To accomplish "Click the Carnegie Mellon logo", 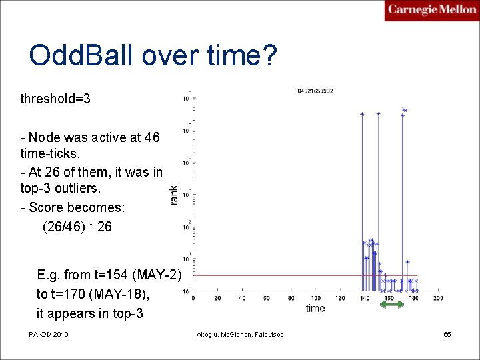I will pyautogui.click(x=431, y=11).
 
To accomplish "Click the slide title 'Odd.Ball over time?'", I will pyautogui.click(x=153, y=55).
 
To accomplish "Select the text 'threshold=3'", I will pyautogui.click(x=55, y=99).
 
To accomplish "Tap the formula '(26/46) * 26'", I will pyautogui.click(x=77, y=227).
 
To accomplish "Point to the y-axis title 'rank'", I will pyautogui.click(x=174, y=195).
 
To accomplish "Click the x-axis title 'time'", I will pyautogui.click(x=315, y=308).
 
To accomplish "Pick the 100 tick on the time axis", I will pyautogui.click(x=315, y=298).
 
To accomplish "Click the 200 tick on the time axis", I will pyautogui.click(x=438, y=298).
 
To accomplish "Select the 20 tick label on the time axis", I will pyautogui.click(x=217, y=298).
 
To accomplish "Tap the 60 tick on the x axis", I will pyautogui.click(x=267, y=298).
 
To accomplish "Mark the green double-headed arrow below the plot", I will pyautogui.click(x=392, y=305).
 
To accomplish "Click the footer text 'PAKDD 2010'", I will pyautogui.click(x=49, y=333).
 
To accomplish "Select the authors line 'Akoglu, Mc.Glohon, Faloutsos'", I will pyautogui.click(x=240, y=334).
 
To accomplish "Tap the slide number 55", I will pyautogui.click(x=447, y=333).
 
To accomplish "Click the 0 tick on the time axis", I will pyautogui.click(x=193, y=298).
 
